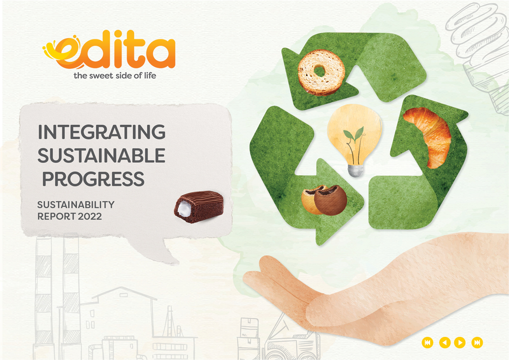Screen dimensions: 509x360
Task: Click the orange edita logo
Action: pos(109,49)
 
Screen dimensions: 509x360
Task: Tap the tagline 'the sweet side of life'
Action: pos(115,76)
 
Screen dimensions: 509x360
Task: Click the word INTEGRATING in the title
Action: pos(102,132)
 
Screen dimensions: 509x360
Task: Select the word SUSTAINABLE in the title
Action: pos(101,155)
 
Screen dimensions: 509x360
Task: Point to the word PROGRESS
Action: pos(93,179)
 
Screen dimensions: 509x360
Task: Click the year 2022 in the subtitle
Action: pos(90,216)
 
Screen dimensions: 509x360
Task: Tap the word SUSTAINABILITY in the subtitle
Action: pos(76,204)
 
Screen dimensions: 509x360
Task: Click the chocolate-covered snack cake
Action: pos(199,207)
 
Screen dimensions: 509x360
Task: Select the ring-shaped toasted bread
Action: pos(321,72)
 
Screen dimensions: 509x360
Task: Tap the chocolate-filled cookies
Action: pos(324,199)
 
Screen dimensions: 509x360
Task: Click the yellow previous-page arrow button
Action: pos(445,342)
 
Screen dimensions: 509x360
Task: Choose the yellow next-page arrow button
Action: pos(460,342)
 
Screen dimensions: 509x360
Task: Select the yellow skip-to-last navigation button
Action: pos(477,342)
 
